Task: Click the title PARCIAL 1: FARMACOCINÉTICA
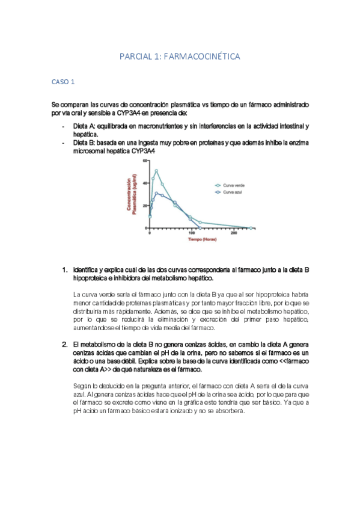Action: pyautogui.click(x=180, y=57)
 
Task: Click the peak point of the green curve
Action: pyautogui.click(x=156, y=171)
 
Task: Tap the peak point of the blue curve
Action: pyautogui.click(x=156, y=193)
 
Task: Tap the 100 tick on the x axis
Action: pyautogui.click(x=192, y=233)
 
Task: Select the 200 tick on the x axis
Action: pyautogui.click(x=233, y=233)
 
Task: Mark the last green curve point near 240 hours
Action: pyautogui.click(x=249, y=227)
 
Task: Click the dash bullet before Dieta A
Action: pyautogui.click(x=64, y=126)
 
